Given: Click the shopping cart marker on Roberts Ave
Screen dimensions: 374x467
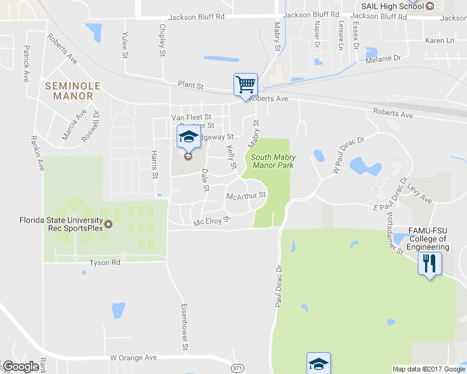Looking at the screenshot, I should [x=245, y=84].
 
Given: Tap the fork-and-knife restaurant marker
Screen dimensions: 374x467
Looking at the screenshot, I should [x=429, y=262].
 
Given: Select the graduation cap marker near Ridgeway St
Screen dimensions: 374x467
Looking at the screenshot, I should [x=188, y=138].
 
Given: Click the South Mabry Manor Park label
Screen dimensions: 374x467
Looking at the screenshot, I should [x=273, y=161].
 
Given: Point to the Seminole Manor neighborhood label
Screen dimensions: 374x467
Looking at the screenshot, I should [x=69, y=91].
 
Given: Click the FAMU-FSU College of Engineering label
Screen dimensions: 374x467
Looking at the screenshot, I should [x=428, y=239].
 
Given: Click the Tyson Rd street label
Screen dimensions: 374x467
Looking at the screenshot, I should [x=104, y=262].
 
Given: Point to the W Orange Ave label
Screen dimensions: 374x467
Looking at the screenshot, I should [x=133, y=358].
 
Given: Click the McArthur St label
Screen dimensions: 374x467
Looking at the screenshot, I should [x=246, y=195].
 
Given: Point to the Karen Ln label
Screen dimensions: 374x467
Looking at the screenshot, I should [x=439, y=41].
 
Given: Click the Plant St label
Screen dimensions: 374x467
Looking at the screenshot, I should [x=190, y=84].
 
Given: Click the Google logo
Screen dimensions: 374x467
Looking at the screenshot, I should [x=21, y=367].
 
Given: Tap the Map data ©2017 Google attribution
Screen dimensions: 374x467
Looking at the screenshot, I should [x=428, y=369].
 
